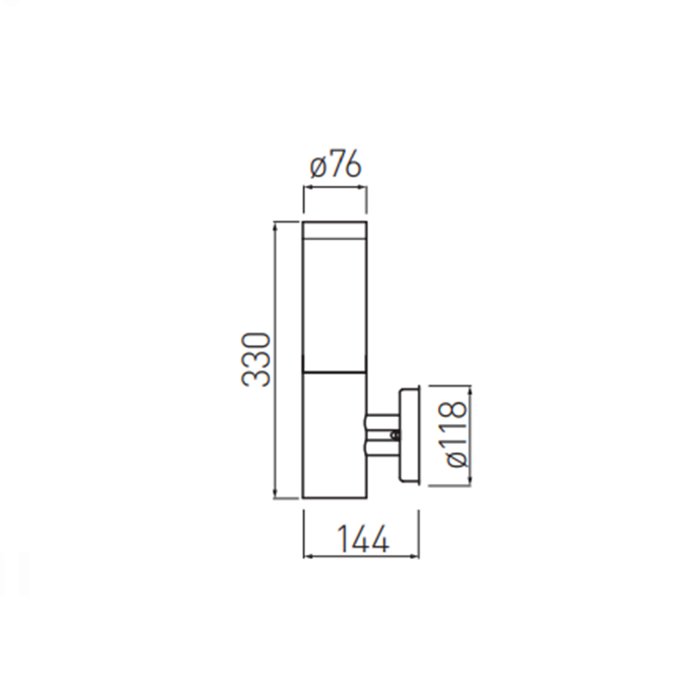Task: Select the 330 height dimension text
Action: tap(256, 359)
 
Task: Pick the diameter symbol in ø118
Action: tap(456, 459)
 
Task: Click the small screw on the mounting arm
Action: tap(394, 435)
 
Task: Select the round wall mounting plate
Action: tap(409, 435)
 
